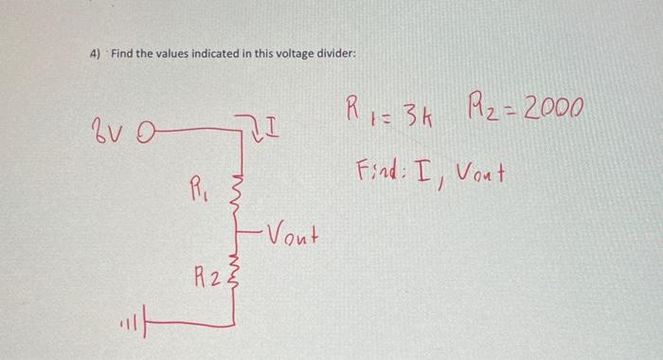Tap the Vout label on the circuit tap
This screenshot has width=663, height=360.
coord(289,232)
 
